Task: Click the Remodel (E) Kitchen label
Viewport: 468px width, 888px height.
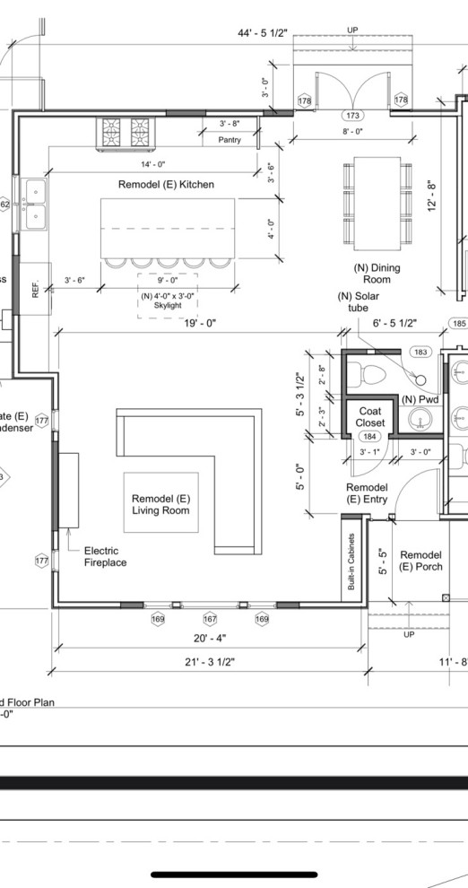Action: [x=166, y=184]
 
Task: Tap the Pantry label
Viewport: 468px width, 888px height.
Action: [x=229, y=140]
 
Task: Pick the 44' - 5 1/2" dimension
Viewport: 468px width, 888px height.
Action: [x=262, y=33]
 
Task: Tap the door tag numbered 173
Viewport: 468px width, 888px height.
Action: [x=352, y=117]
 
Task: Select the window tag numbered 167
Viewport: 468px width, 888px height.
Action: [x=210, y=619]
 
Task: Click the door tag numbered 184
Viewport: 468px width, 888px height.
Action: [x=369, y=436]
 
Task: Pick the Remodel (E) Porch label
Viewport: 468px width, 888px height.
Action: [x=421, y=561]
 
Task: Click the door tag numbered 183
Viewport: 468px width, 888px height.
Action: [x=419, y=353]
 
